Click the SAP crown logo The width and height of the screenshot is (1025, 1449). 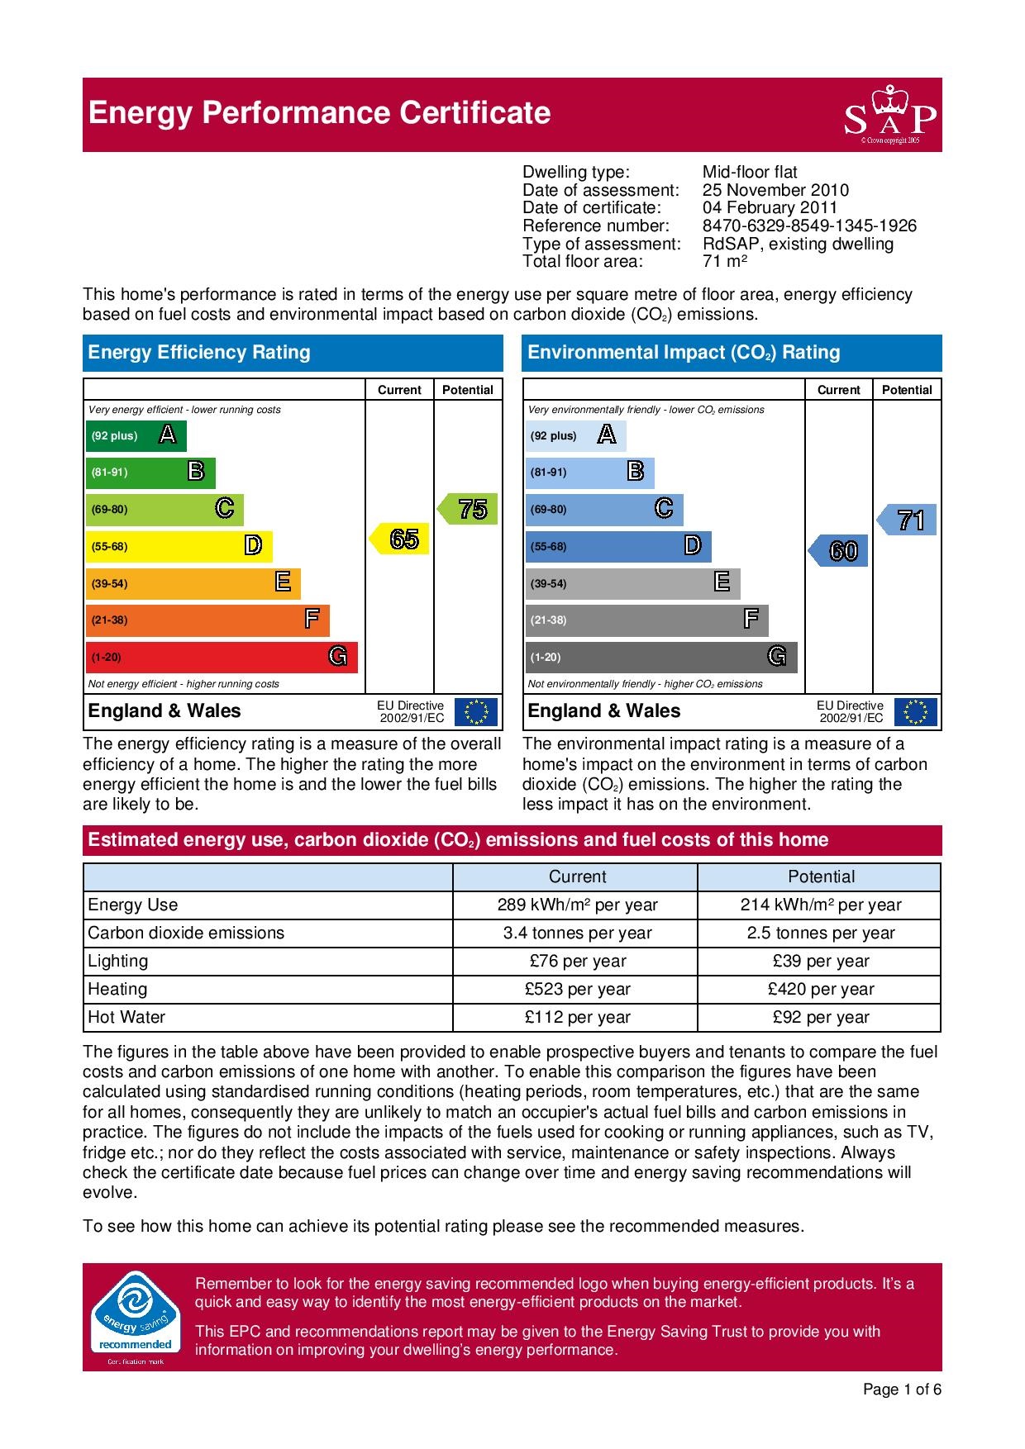(890, 115)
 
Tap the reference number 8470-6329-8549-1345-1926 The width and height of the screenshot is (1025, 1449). (809, 226)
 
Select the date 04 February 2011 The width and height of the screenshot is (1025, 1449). (770, 207)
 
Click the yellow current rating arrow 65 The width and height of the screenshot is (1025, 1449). (400, 539)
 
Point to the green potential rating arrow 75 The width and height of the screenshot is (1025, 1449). (469, 509)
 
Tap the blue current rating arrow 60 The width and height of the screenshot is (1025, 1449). (839, 551)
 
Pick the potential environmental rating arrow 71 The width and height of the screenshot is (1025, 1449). (908, 520)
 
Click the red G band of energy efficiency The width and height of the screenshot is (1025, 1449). (222, 657)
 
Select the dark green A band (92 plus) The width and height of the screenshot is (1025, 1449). (136, 436)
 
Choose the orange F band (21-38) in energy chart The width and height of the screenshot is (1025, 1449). (207, 620)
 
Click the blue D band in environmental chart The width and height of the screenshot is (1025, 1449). (617, 547)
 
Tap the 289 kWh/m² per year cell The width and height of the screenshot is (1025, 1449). (577, 905)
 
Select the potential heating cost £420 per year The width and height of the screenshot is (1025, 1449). (820, 989)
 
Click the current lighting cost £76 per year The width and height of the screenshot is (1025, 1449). (577, 961)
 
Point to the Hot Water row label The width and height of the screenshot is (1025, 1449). (126, 1017)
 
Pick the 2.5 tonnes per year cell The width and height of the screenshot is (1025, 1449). (820, 933)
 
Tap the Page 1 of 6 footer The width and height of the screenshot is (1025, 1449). (902, 1390)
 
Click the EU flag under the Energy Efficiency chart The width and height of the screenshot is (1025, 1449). (477, 712)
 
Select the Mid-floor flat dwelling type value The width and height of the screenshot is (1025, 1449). (750, 172)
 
